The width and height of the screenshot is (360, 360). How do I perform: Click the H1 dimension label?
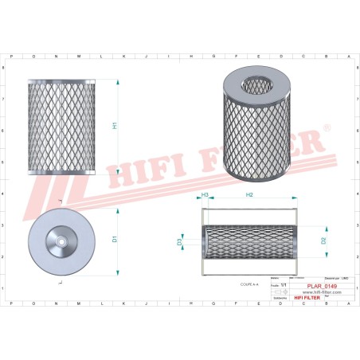tap(115, 125)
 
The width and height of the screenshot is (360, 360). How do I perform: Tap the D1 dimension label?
tap(115, 238)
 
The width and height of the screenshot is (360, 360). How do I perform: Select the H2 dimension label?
tap(249, 195)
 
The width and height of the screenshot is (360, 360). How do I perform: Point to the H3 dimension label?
tap(205, 195)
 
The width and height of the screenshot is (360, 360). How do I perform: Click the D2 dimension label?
tap(324, 239)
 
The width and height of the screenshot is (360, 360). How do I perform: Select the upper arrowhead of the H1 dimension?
tap(119, 82)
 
